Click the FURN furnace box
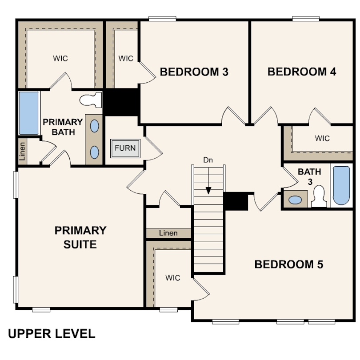[125, 148]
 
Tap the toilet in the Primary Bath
[91, 100]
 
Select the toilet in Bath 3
[319, 196]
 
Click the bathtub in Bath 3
[341, 185]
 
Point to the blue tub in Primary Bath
[28, 113]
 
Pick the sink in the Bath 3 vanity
[295, 200]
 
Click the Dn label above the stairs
[208, 160]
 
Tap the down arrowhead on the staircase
[208, 191]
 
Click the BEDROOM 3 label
[194, 72]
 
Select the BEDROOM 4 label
[302, 72]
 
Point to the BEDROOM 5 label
[289, 264]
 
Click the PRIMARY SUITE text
[80, 237]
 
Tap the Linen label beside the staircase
[168, 233]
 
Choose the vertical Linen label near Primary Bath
[22, 151]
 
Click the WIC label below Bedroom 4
[322, 138]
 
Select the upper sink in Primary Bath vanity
[94, 126]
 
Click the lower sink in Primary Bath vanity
[94, 152]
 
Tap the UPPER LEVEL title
[52, 334]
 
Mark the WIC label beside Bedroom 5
[172, 278]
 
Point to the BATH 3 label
[309, 176]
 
